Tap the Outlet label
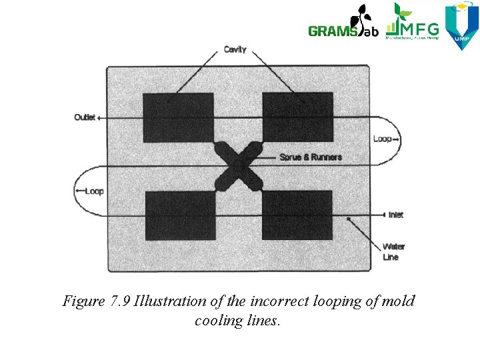(x=85, y=118)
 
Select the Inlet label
(x=396, y=215)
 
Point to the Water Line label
(x=393, y=251)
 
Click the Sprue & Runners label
(x=311, y=157)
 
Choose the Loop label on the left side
(x=94, y=191)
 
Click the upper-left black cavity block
(x=178, y=117)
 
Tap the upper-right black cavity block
(x=297, y=117)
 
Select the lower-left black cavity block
(x=180, y=215)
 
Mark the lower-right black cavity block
(x=297, y=215)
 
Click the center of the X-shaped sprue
(x=238, y=165)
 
